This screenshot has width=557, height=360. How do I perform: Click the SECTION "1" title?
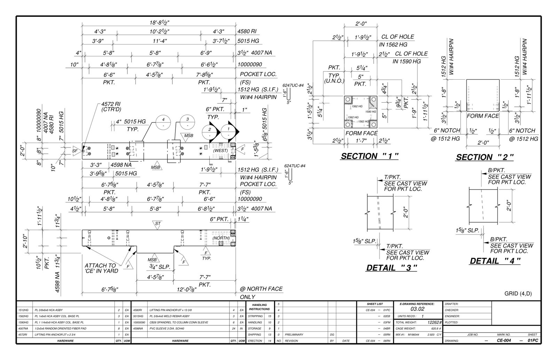369,156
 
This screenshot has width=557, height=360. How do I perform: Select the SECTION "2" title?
485,157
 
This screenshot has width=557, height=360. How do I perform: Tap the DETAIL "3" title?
391,268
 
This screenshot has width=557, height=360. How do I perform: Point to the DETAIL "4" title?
495,261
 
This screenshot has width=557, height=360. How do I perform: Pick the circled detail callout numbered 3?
188,122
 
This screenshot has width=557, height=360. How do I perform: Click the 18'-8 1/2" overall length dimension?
159,23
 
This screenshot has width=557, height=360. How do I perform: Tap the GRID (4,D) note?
518,294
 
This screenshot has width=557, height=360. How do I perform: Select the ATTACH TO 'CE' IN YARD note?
101,268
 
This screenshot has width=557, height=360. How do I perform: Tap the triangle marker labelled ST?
158,224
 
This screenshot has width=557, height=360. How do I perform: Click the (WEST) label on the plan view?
220,151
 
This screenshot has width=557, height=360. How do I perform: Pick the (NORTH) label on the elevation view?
221,238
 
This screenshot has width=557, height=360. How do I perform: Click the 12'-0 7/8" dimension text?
186,289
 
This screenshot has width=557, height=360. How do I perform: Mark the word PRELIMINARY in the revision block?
294,335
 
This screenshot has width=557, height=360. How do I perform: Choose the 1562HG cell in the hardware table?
23,316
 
